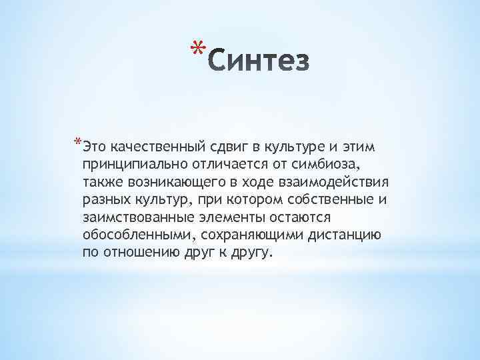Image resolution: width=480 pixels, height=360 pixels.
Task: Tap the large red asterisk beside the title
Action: click(195, 49)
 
